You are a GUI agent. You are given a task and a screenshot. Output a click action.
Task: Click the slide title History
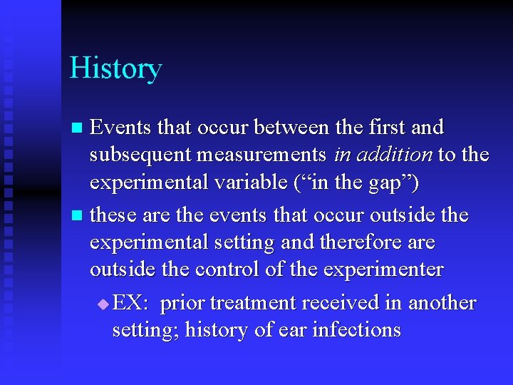click(x=115, y=69)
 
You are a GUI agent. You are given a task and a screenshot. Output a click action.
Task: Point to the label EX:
click(x=130, y=303)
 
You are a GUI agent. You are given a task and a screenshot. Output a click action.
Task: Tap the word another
click(x=442, y=303)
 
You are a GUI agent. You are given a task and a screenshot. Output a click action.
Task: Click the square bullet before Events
click(x=79, y=129)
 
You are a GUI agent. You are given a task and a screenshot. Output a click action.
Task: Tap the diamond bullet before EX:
click(x=104, y=304)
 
